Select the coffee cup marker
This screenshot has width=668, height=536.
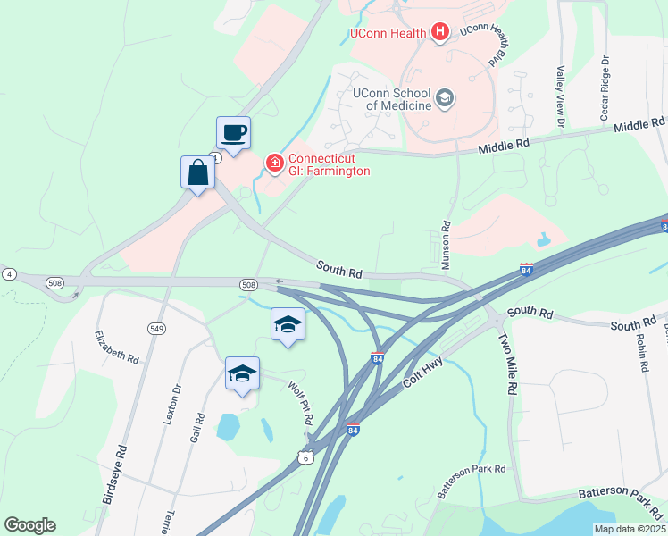click(233, 133)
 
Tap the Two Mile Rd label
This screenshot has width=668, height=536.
click(507, 364)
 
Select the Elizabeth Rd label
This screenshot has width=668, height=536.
click(118, 347)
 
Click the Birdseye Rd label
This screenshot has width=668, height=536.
click(113, 474)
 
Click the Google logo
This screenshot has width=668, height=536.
click(29, 525)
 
